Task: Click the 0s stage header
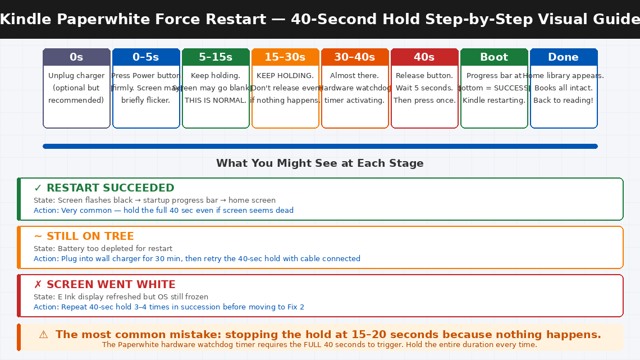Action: (x=76, y=57)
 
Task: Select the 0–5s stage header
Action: (x=146, y=57)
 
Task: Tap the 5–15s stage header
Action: (x=216, y=57)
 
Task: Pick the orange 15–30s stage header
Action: (x=285, y=57)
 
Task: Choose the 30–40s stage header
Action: (x=355, y=57)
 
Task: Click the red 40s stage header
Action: (x=424, y=57)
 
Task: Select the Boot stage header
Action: (x=494, y=57)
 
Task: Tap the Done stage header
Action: (x=564, y=57)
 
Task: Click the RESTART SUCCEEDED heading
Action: (x=110, y=188)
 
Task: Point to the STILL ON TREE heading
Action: (x=90, y=236)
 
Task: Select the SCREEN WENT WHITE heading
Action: (x=111, y=285)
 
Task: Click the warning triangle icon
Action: (x=43, y=335)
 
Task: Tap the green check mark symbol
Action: (x=38, y=188)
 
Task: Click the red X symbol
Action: (x=38, y=285)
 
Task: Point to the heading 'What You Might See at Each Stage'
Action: (x=320, y=163)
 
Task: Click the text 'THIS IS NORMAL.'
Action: (x=216, y=101)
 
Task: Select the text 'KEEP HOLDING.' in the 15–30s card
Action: (x=285, y=76)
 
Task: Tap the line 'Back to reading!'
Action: (x=564, y=101)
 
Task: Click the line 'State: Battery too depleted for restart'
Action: (x=103, y=249)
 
